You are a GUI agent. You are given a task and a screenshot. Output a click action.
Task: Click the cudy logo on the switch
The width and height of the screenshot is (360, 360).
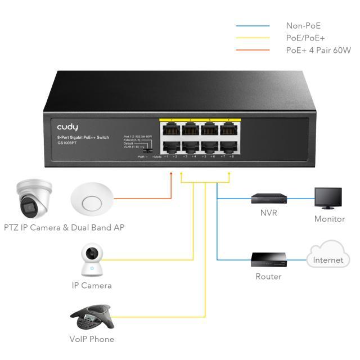[x=67, y=127]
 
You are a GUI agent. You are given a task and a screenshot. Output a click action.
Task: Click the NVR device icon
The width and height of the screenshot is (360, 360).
[x=269, y=199]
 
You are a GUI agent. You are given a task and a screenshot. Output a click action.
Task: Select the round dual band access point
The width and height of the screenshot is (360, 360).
[x=92, y=201]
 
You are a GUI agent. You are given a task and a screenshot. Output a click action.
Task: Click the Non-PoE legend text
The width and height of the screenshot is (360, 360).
[x=303, y=26]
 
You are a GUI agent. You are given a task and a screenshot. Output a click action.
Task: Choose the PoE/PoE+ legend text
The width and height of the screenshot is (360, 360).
[x=305, y=38]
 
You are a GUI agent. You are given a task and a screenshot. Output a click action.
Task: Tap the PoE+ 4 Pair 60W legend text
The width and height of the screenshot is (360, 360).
[x=318, y=50]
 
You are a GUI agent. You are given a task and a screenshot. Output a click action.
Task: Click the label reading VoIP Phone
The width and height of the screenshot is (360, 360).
[x=92, y=339]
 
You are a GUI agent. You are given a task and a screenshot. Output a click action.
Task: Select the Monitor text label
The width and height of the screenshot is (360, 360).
[x=330, y=219]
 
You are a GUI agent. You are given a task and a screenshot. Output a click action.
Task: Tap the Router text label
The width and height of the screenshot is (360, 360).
[x=268, y=277]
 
